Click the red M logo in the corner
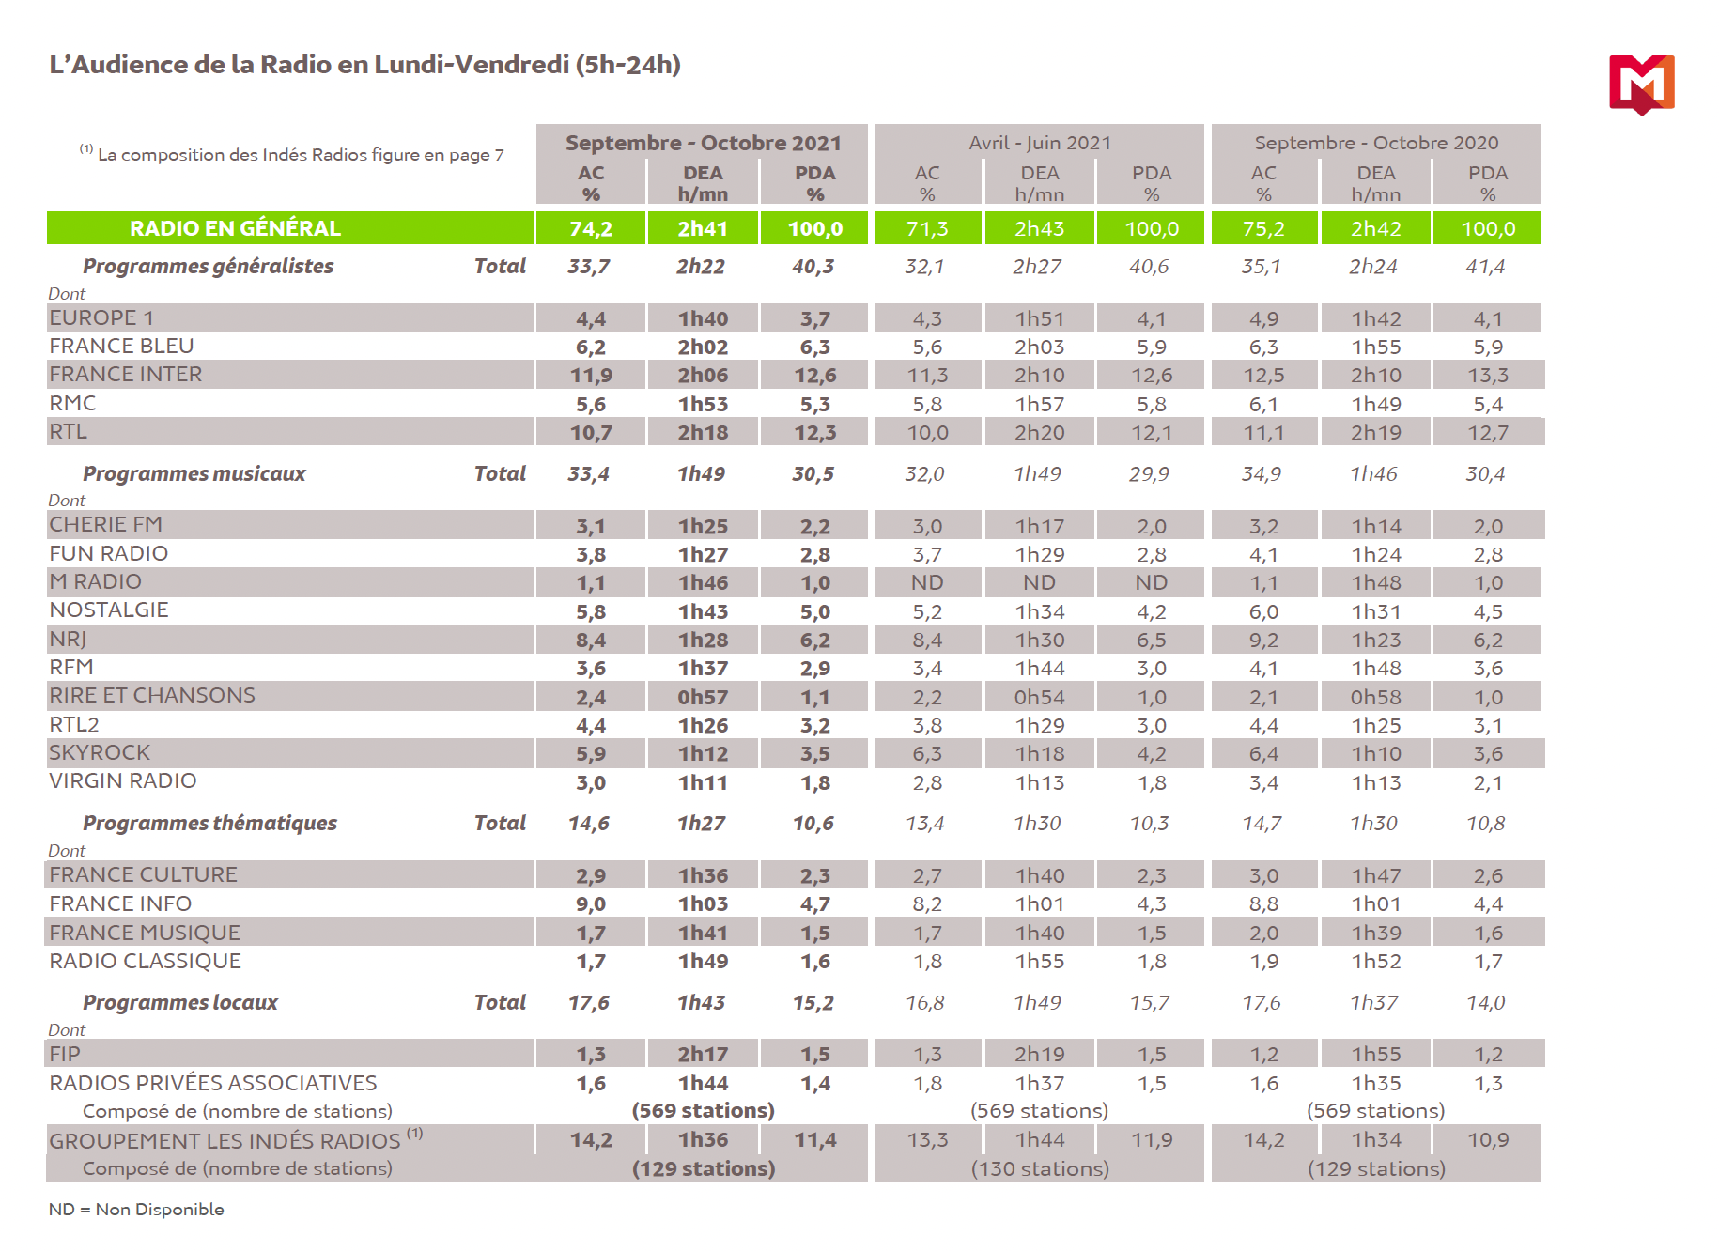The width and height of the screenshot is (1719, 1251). [1641, 84]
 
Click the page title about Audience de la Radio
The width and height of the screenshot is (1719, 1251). [364, 65]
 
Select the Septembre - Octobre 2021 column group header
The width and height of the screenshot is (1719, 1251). [703, 143]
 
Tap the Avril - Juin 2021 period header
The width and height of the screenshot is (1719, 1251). [1040, 143]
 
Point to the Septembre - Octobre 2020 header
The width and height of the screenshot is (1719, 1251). [1376, 143]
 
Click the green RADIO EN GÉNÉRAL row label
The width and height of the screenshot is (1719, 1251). [235, 228]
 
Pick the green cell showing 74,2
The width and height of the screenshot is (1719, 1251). [591, 228]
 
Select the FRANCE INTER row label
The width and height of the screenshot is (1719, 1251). [126, 375]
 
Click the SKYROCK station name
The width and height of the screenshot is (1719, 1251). [100, 753]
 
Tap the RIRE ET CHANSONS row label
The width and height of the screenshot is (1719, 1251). [152, 696]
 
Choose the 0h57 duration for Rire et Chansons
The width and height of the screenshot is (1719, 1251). [703, 697]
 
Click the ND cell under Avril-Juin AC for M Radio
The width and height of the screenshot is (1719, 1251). [927, 583]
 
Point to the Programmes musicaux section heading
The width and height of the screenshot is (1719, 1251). [194, 474]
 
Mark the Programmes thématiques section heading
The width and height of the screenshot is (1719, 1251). [209, 824]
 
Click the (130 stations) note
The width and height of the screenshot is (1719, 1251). [1040, 1169]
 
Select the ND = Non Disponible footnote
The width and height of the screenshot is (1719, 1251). [136, 1210]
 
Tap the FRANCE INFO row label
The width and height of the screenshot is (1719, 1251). [120, 904]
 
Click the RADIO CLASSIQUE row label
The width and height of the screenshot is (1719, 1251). [146, 962]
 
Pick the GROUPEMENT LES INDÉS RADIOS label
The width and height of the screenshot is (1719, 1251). [225, 1141]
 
